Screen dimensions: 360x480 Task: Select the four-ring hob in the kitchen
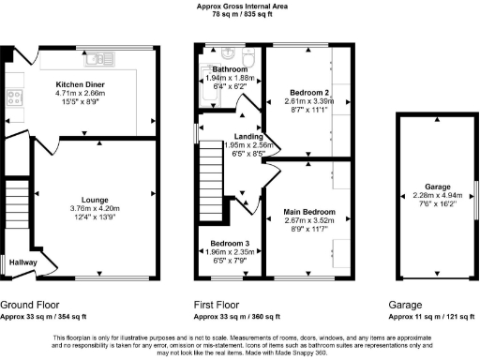click(16, 97)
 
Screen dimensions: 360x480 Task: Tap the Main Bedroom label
click(308, 214)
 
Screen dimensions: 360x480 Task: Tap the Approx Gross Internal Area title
click(240, 6)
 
